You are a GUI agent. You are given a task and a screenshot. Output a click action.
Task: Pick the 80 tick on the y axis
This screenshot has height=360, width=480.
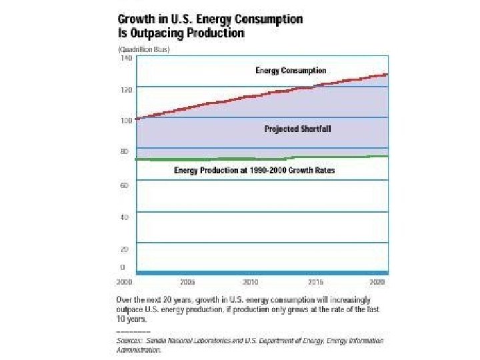pos(123,151)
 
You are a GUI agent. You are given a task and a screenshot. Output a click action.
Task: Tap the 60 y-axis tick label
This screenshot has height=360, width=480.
pos(123,185)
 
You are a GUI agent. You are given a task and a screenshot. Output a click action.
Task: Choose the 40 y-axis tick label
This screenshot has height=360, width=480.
pos(123,217)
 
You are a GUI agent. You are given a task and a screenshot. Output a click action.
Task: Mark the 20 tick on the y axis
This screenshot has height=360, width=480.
pos(123,249)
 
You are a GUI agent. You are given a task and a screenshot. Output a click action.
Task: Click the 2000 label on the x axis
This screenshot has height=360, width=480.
pos(125,282)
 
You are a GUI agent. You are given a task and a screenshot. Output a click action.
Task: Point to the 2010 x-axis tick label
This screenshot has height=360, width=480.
pos(250,282)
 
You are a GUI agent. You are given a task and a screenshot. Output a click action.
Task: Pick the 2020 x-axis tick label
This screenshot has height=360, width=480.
pos(379,282)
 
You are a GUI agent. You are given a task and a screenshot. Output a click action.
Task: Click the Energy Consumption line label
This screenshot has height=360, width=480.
pos(291,71)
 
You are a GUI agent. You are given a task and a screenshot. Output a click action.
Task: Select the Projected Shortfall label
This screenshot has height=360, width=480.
pos(297,129)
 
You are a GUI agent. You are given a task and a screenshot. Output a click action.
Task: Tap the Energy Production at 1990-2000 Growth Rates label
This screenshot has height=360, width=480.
pos(254,171)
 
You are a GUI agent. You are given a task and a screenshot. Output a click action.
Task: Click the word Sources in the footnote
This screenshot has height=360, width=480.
pos(129,341)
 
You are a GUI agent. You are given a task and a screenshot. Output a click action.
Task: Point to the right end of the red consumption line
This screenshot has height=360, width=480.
pos(387,74)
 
